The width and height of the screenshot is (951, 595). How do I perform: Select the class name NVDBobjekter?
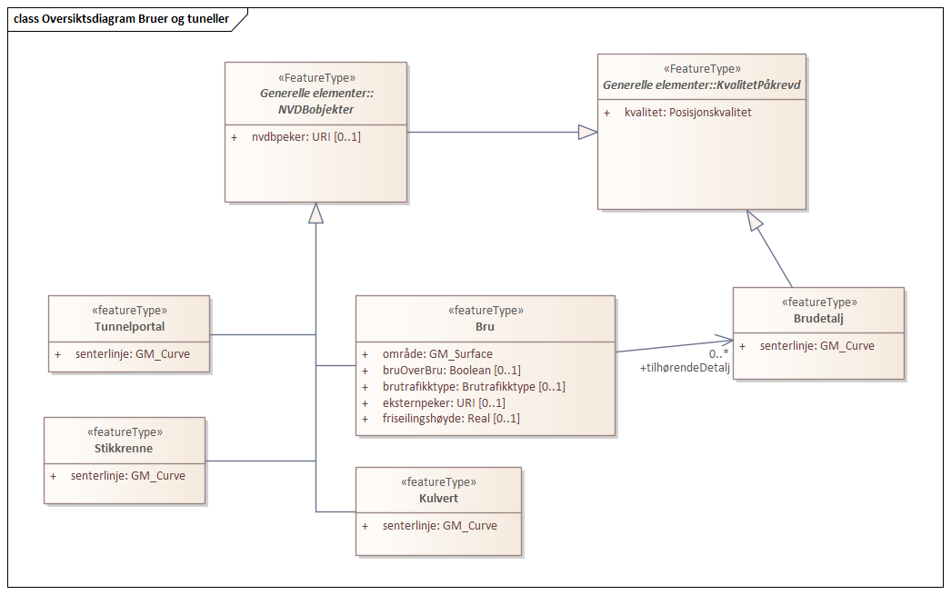pos(315,109)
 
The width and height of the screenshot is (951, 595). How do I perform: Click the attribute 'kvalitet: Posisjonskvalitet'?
pos(687,113)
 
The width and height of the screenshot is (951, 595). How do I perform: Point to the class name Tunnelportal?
pos(129,326)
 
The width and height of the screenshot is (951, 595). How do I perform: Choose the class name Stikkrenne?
pos(124,448)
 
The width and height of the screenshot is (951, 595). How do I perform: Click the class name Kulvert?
pos(438,498)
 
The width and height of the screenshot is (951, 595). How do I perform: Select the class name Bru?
pos(486,325)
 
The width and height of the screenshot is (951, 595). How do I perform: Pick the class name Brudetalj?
pos(818,318)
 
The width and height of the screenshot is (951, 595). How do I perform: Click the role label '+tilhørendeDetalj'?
pos(685,367)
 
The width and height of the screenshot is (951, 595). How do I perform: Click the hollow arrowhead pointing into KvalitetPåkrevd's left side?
pos(587,133)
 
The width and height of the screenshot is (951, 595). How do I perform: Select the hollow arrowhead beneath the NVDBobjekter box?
pos(315,213)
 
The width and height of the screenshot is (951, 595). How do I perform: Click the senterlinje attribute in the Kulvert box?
pos(439,525)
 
